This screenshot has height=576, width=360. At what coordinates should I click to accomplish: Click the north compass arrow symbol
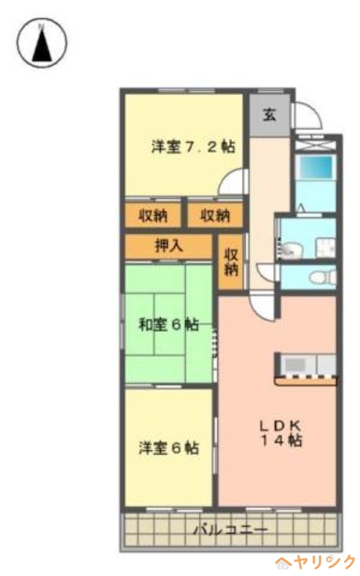click(42, 42)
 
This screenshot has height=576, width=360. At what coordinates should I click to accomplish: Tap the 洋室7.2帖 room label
click(192, 146)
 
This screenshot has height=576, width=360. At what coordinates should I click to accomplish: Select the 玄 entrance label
click(268, 114)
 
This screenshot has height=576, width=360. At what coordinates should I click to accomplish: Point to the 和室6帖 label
click(168, 324)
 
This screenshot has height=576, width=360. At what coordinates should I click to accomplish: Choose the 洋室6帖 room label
click(168, 447)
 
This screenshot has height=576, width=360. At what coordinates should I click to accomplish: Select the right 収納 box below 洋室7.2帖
click(214, 215)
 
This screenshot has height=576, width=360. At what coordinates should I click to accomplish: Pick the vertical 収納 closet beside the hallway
click(230, 262)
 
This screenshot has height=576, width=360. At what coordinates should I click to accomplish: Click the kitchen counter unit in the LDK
click(305, 367)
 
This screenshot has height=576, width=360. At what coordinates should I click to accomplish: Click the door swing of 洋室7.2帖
click(233, 183)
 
